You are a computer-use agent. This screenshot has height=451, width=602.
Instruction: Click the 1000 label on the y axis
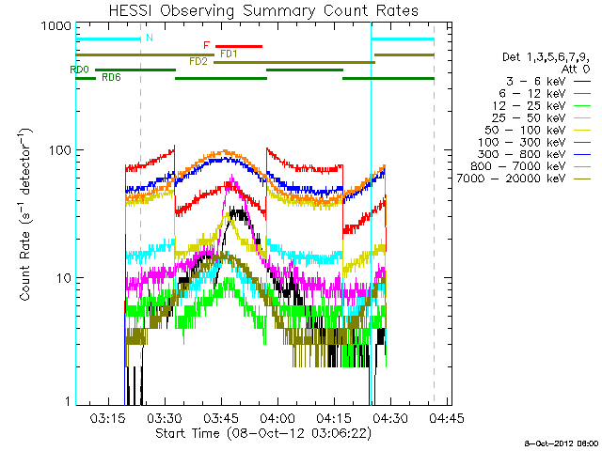coord(48,27)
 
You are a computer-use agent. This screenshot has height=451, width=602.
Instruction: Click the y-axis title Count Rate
coord(28,215)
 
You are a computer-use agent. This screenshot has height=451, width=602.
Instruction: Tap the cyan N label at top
coord(149,38)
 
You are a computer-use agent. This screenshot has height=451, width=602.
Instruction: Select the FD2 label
coord(198,62)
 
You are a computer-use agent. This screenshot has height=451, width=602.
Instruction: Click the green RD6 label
coord(111,77)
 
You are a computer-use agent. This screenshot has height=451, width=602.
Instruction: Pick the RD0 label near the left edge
coord(79,70)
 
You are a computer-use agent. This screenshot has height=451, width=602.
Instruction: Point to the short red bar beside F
coord(239,45)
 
